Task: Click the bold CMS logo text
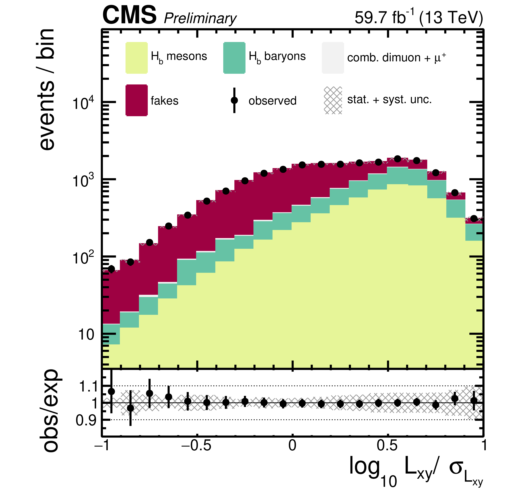click(129, 16)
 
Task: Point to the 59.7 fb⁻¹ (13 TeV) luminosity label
click(419, 18)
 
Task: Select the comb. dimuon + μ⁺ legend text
click(396, 57)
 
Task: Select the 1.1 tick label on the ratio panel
click(88, 386)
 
